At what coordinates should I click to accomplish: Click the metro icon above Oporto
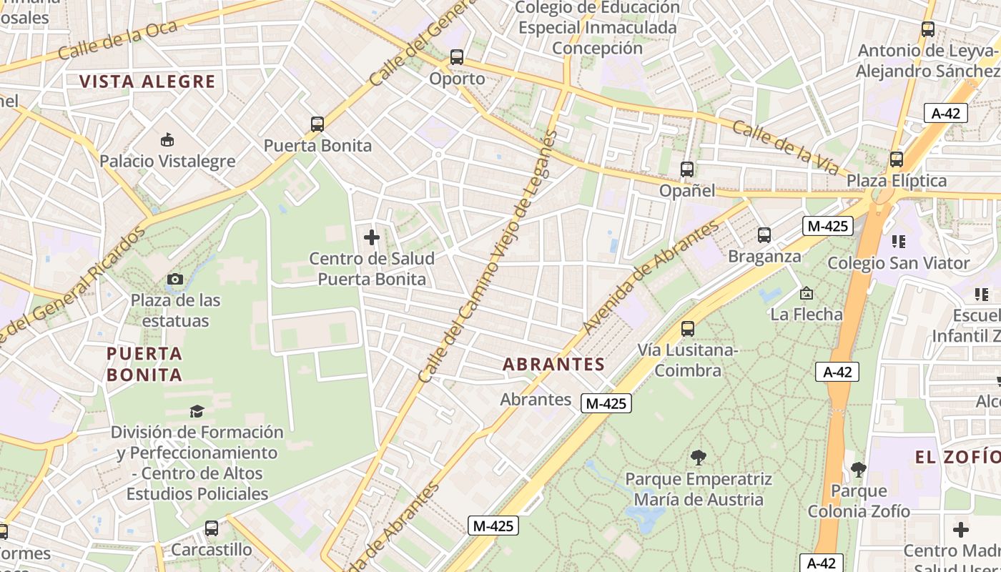click(x=457, y=57)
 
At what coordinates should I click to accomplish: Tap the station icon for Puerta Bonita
click(x=317, y=124)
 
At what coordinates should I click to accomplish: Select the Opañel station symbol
click(x=687, y=169)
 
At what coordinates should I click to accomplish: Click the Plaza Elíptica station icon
click(x=897, y=159)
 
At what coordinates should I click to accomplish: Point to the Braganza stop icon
click(x=764, y=235)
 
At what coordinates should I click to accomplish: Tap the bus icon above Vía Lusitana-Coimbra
click(x=688, y=329)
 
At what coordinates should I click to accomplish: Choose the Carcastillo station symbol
click(x=212, y=529)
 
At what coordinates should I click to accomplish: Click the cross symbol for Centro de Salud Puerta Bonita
click(x=372, y=237)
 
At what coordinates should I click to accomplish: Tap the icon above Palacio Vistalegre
click(x=167, y=139)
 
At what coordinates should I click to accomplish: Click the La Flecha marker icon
click(x=807, y=293)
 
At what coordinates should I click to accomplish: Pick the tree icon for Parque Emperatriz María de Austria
click(x=699, y=458)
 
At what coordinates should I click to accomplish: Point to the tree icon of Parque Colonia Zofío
click(x=859, y=470)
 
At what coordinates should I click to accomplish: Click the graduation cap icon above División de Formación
click(x=197, y=411)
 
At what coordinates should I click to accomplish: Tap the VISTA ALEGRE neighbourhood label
click(x=147, y=82)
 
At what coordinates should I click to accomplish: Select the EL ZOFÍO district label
click(x=958, y=457)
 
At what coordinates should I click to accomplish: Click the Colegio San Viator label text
click(x=899, y=263)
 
